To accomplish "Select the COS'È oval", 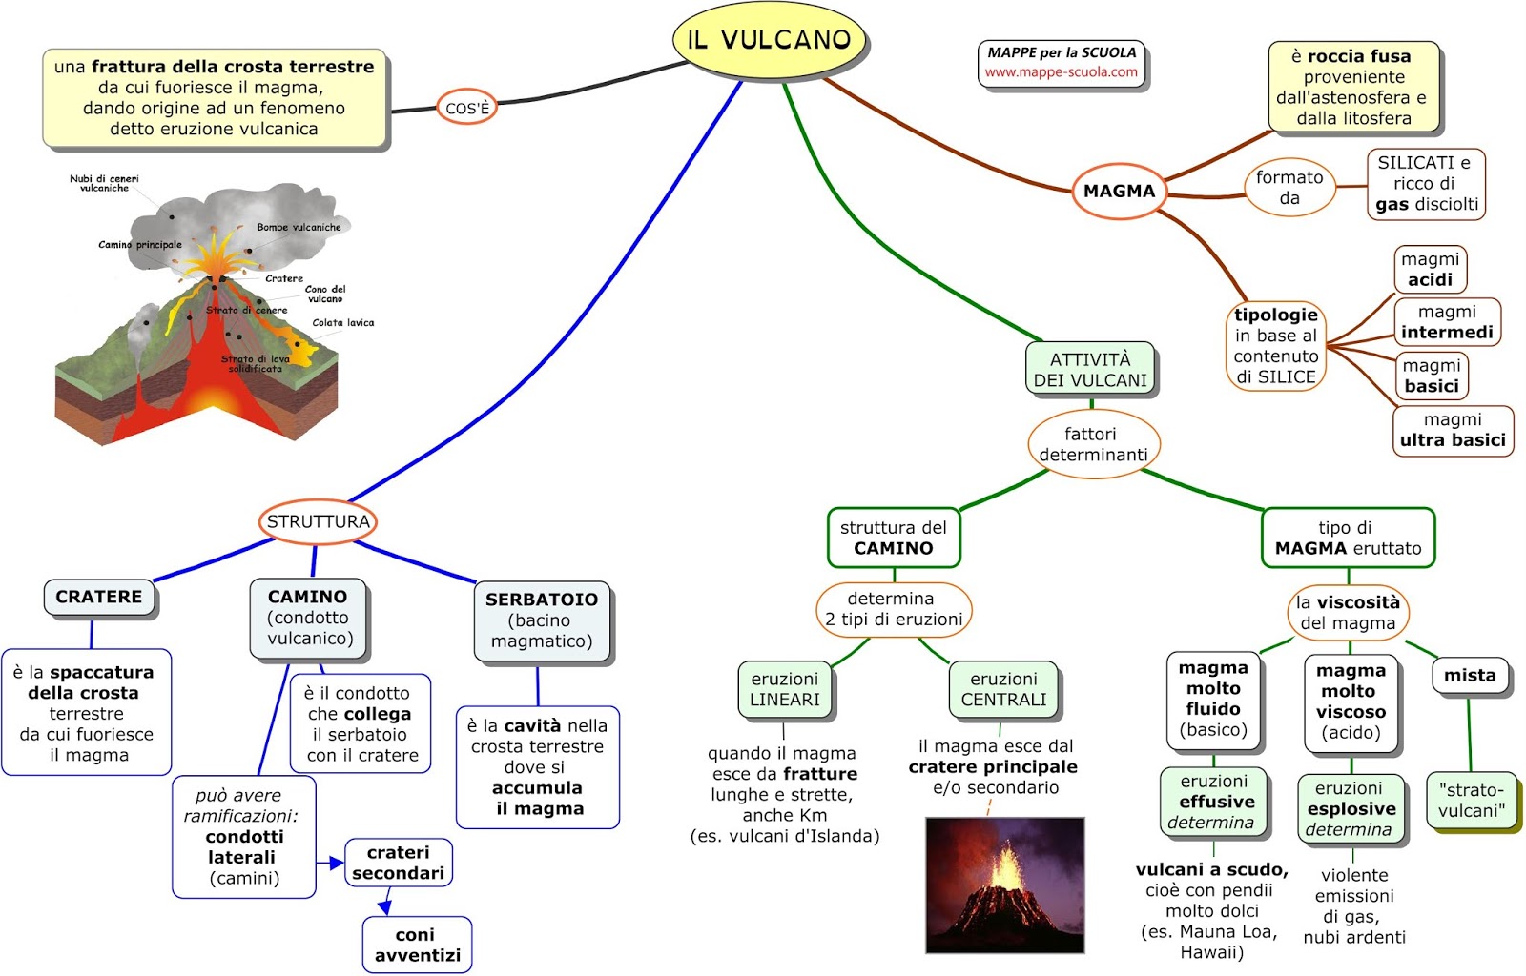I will click(466, 108).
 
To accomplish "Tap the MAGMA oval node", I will click(1119, 191).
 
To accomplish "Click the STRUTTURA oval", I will click(318, 521).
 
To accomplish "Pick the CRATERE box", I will click(99, 597).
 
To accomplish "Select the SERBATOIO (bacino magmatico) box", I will click(541, 620).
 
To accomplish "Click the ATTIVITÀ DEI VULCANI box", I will click(1090, 370).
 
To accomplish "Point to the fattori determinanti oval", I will click(1093, 444).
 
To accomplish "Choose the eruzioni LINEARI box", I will click(784, 689).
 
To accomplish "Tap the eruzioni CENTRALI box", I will click(1003, 689).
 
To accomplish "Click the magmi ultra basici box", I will click(1452, 430).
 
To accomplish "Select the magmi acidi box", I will click(1430, 270).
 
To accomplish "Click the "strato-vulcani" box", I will click(1471, 801).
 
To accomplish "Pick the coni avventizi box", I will click(417, 945).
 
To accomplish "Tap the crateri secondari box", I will click(398, 863).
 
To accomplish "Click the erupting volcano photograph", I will click(1004, 884).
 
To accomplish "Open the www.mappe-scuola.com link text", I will click(1061, 72).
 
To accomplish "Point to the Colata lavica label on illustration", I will click(342, 323).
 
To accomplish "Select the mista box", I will click(1470, 676).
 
